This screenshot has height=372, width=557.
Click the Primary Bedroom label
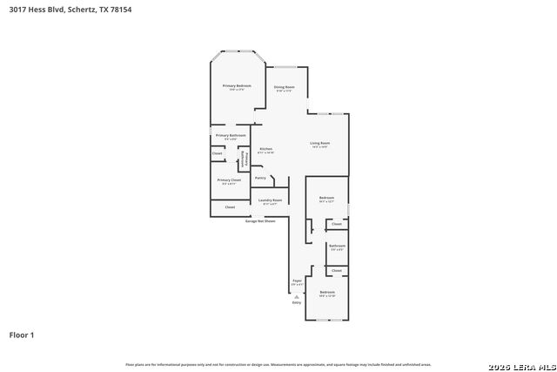[236, 85]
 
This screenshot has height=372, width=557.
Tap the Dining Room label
[285, 87]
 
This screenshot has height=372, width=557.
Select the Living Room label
[319, 143]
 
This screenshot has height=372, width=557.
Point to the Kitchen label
[265, 149]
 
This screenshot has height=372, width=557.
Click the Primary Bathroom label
[231, 135]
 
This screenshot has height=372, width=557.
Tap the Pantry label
[260, 178]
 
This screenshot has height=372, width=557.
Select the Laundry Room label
[270, 200]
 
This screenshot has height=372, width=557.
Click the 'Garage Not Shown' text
[259, 221]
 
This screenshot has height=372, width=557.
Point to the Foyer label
[297, 281]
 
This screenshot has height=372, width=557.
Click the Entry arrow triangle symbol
[297, 297]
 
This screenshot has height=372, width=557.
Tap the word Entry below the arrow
[297, 303]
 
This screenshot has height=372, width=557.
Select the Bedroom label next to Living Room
[327, 198]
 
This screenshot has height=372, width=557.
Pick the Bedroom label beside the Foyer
[327, 291]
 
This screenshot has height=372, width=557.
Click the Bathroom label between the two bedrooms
[337, 246]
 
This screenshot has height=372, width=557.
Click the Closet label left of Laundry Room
[230, 207]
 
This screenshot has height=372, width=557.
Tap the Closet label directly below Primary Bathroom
[218, 153]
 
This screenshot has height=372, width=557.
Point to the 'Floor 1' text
[21, 335]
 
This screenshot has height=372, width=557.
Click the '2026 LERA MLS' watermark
[521, 363]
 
